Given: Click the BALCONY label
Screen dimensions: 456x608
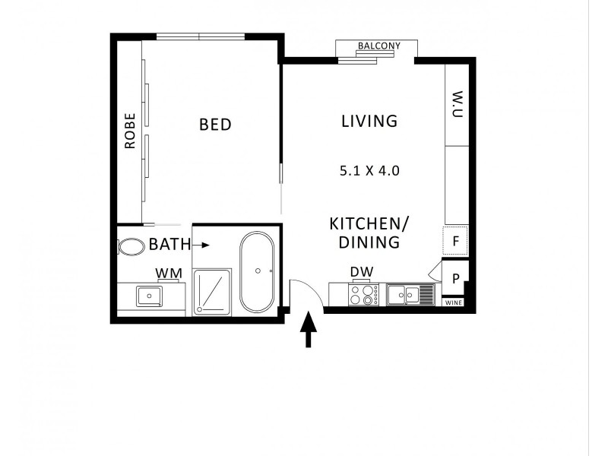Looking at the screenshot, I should pos(378,46).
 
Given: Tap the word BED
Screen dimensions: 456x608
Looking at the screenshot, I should pos(215,125).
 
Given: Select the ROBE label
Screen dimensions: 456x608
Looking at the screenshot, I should pos(130,131).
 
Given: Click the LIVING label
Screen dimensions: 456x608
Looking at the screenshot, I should pos(369,121).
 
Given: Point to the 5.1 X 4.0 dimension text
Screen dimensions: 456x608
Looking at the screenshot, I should pos(369,171).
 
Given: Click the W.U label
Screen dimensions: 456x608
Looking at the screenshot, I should pos(458,104).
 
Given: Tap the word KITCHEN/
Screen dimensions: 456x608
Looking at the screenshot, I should pos(369,223).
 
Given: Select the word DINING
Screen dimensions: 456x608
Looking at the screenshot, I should pos(369,243).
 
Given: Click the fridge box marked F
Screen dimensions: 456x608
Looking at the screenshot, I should pos(456,242).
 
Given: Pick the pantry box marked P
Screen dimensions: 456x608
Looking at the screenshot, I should pos(456,278).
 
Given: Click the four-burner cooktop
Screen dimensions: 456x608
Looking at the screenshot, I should pos(364,294).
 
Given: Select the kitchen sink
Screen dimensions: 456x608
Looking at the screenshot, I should pos(403,294).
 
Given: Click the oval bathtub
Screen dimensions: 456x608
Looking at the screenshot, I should pos(257,271).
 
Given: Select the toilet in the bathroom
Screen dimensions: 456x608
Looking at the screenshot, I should pos(131,247).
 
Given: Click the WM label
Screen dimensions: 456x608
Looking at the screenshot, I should pos(169,273).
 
